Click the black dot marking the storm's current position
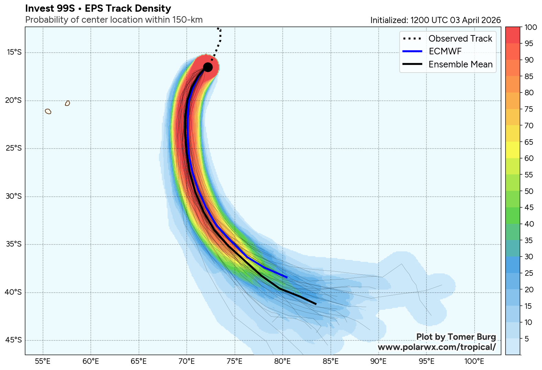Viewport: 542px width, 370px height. coord(208,67)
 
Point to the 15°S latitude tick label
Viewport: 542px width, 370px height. coord(14,52)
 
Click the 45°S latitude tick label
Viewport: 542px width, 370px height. coord(14,340)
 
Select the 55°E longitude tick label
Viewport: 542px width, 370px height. coord(43,361)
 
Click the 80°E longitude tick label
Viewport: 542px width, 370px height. coord(283,361)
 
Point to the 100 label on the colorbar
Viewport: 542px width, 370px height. coord(531,28)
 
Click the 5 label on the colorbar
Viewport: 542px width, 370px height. coord(527,339)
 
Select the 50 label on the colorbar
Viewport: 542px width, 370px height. coord(529,192)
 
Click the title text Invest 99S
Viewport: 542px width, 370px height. coord(50,9)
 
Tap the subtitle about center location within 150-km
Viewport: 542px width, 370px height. coord(114,20)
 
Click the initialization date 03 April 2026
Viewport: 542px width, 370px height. coord(475,20)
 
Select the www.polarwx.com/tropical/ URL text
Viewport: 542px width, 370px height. coord(437,347)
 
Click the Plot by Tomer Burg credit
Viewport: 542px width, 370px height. coord(456,337)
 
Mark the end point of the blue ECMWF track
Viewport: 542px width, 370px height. coord(287,277)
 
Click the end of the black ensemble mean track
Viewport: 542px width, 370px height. coord(316,304)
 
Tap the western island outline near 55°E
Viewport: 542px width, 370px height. coord(48,111)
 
